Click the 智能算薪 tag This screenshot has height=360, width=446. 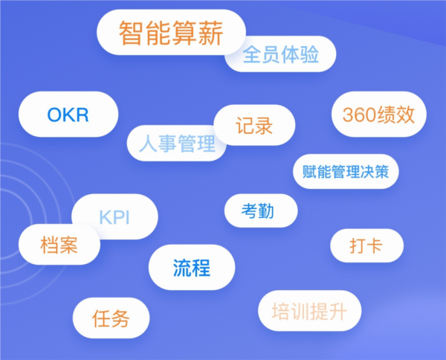(171, 33)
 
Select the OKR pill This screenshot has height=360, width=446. (68, 115)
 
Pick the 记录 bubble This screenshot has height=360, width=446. (254, 125)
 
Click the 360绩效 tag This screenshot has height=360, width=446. (384, 115)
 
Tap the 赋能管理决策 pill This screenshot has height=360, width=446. (346, 172)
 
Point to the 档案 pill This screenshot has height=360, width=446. (59, 245)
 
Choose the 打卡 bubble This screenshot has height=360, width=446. (366, 245)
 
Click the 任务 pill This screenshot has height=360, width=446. (111, 318)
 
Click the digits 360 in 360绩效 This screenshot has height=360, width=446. (362, 115)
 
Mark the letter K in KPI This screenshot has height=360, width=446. (105, 218)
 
